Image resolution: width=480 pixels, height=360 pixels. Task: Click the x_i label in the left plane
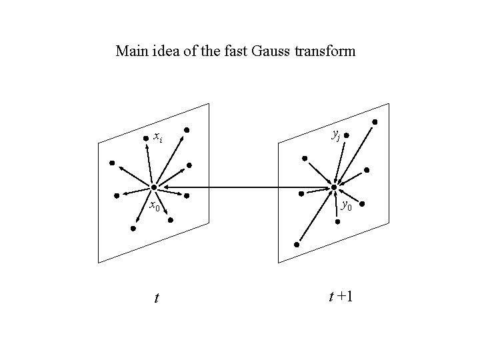(157, 138)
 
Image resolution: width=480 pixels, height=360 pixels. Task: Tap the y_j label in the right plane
(335, 135)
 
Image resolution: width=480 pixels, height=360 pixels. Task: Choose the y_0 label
(347, 205)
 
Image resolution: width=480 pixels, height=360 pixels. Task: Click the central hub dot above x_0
(153, 187)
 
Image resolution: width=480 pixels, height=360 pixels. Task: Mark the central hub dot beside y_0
(335, 187)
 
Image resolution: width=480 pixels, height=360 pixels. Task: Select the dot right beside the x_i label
(146, 139)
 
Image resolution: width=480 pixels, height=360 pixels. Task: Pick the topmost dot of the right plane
(374, 122)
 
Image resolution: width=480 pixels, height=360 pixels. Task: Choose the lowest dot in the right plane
(297, 245)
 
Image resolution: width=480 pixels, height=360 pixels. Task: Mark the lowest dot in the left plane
(133, 229)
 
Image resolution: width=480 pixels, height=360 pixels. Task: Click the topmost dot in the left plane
(187, 129)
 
